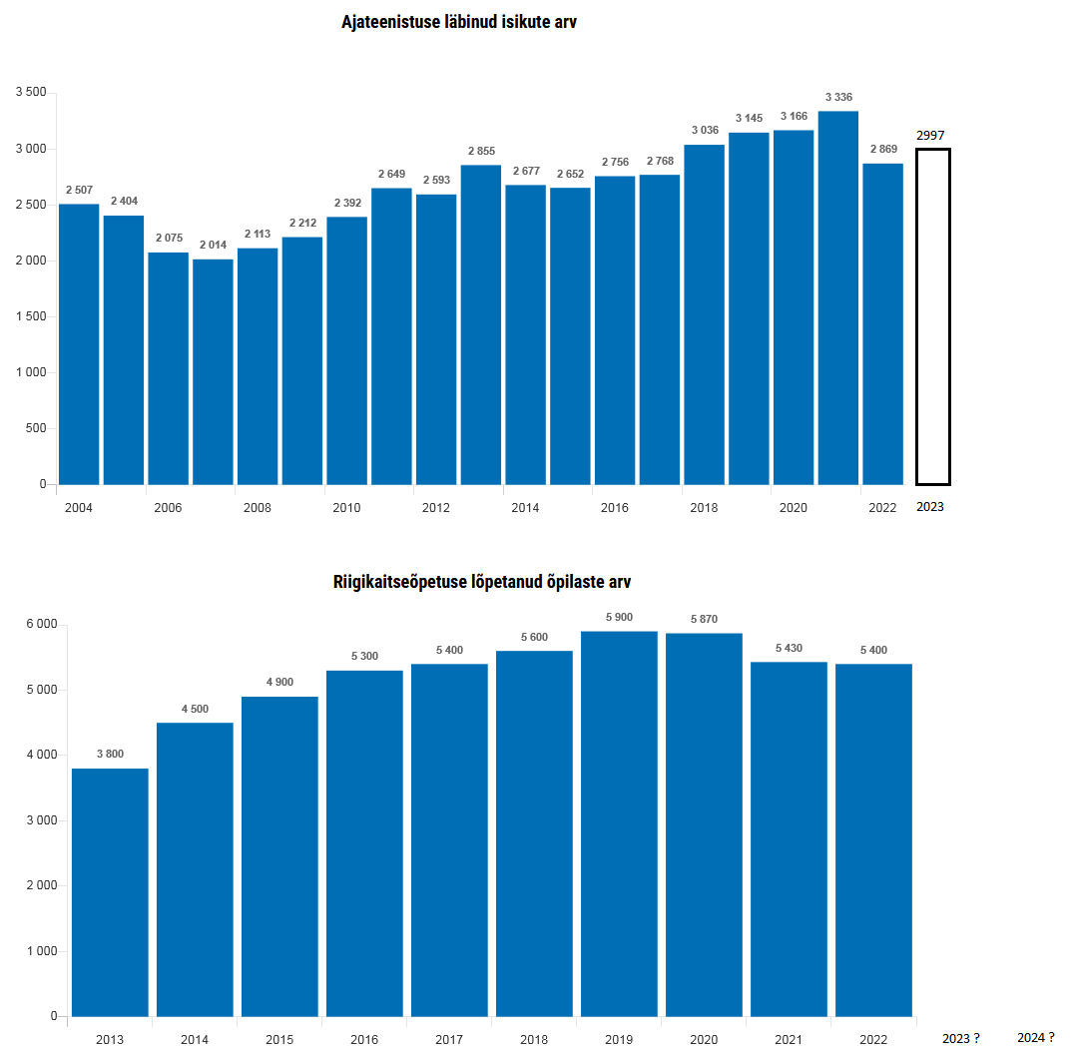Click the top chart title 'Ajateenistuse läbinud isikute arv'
459,22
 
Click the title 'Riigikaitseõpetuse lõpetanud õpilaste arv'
482,582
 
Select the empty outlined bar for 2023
933,316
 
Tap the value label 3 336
838,97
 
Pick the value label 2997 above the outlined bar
930,136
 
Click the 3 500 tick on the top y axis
31,93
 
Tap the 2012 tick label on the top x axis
435,508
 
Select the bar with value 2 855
481,324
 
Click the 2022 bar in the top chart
882,324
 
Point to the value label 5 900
619,617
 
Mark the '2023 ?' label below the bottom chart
961,1038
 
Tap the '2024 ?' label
1036,1038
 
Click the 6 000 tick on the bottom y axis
41,625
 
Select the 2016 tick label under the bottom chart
364,1040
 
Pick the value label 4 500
195,710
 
